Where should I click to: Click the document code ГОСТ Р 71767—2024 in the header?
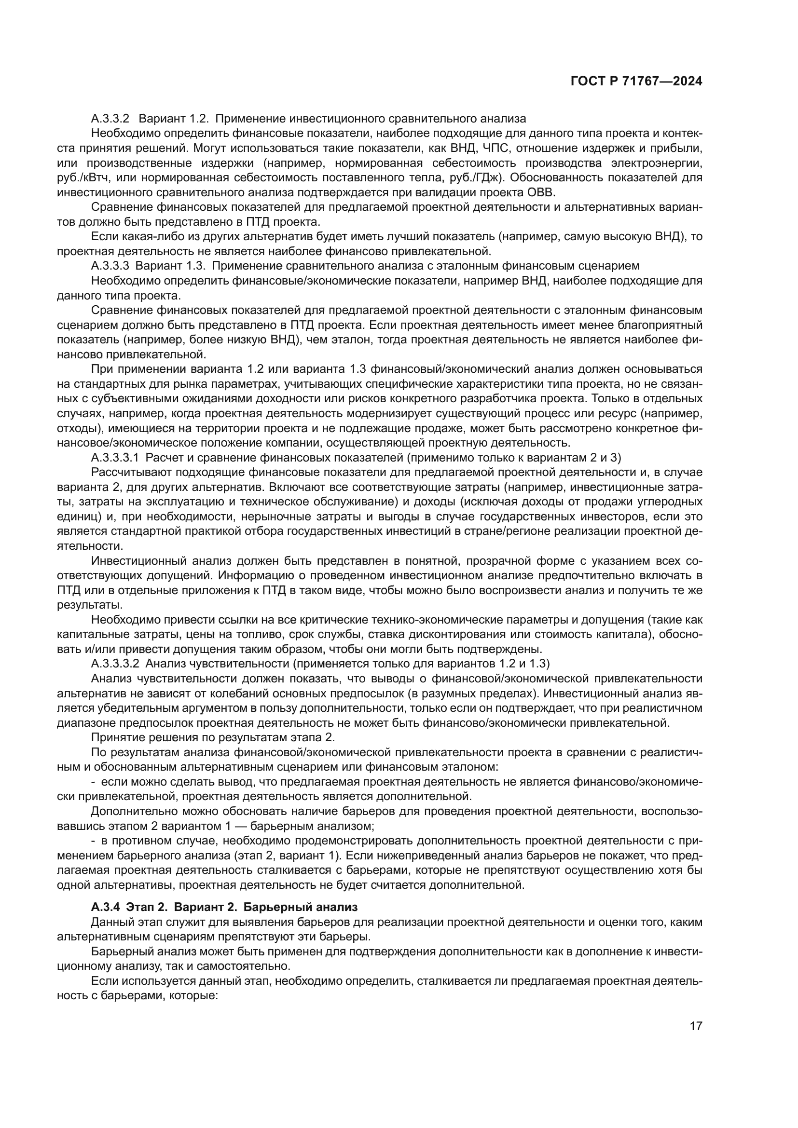(x=636, y=82)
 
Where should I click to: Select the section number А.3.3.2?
(x=110, y=119)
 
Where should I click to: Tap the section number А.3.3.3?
(x=110, y=266)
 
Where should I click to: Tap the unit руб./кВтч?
(x=81, y=177)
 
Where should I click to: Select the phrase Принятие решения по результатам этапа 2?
(x=213, y=737)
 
